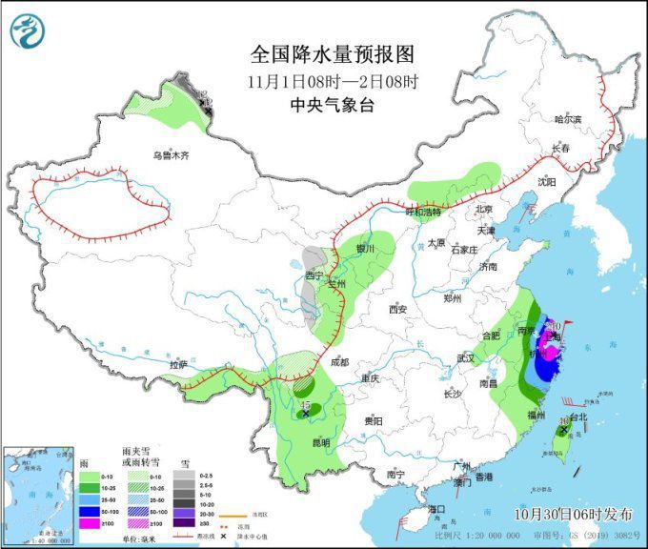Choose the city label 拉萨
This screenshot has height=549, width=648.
178,364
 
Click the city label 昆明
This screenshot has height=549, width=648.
319,442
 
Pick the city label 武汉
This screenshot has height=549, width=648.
466,357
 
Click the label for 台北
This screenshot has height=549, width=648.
578,417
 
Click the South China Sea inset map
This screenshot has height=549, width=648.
40,495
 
